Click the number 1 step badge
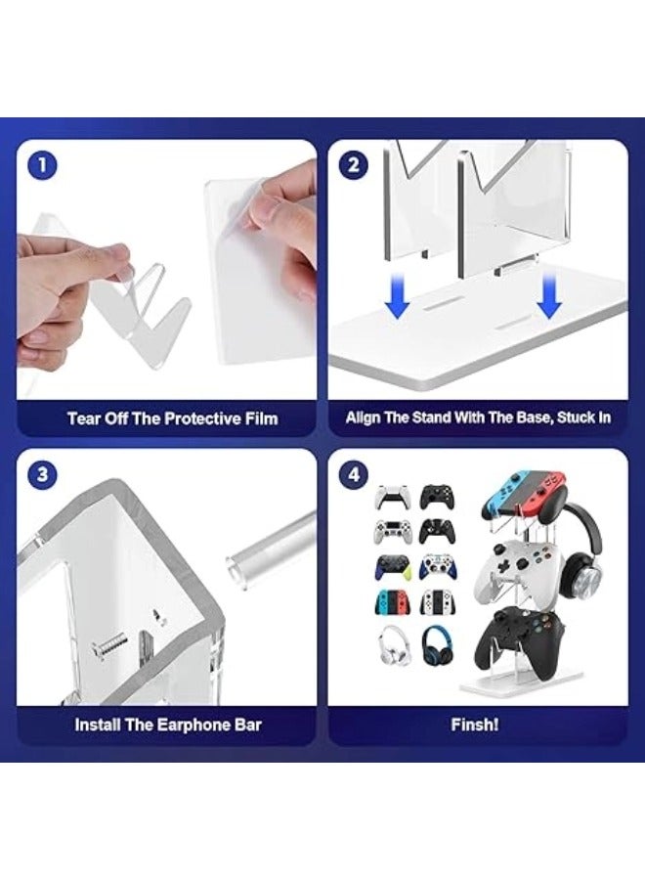(x=42, y=165)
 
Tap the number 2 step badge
(x=354, y=165)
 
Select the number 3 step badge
(x=42, y=475)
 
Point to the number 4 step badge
(x=354, y=475)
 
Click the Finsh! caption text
(x=475, y=725)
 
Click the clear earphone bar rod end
(x=236, y=571)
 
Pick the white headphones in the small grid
(x=392, y=645)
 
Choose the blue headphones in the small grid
(x=437, y=645)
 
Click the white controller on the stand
(x=512, y=569)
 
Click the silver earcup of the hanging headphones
(x=586, y=576)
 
